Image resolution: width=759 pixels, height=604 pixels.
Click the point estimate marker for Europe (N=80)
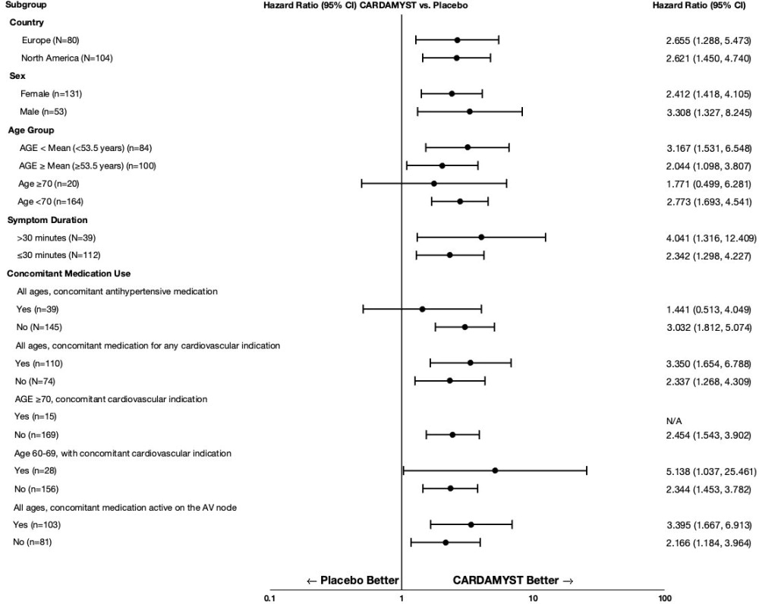[x=457, y=39]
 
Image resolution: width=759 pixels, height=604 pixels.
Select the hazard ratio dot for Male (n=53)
[x=470, y=112]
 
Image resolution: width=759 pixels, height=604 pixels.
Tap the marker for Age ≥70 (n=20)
[x=434, y=184]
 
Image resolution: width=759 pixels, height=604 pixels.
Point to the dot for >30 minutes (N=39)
[x=481, y=238]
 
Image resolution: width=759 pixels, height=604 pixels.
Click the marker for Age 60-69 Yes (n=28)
[x=495, y=470]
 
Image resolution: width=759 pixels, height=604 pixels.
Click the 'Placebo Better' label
[x=352, y=580]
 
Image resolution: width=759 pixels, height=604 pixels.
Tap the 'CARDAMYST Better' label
[x=513, y=580]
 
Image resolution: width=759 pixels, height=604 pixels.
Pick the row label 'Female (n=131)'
[x=51, y=93]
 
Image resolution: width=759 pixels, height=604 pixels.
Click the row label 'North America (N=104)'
[x=67, y=58]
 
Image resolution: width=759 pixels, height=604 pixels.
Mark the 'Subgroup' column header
[x=24, y=5]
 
